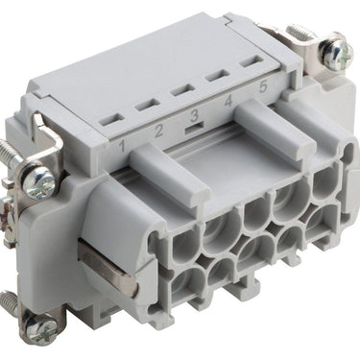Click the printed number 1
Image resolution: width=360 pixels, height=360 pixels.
coord(122,146)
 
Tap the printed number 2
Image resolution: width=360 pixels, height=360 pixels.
coord(158,131)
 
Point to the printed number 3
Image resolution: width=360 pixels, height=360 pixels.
coord(194,115)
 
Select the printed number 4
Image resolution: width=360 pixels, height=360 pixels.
coord(228,102)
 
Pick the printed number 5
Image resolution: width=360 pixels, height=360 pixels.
coord(263,86)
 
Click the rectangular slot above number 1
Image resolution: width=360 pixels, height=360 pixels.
coord(111,120)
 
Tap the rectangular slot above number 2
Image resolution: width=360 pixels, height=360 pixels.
coord(147,105)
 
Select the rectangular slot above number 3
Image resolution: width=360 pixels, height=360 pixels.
coord(182,89)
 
